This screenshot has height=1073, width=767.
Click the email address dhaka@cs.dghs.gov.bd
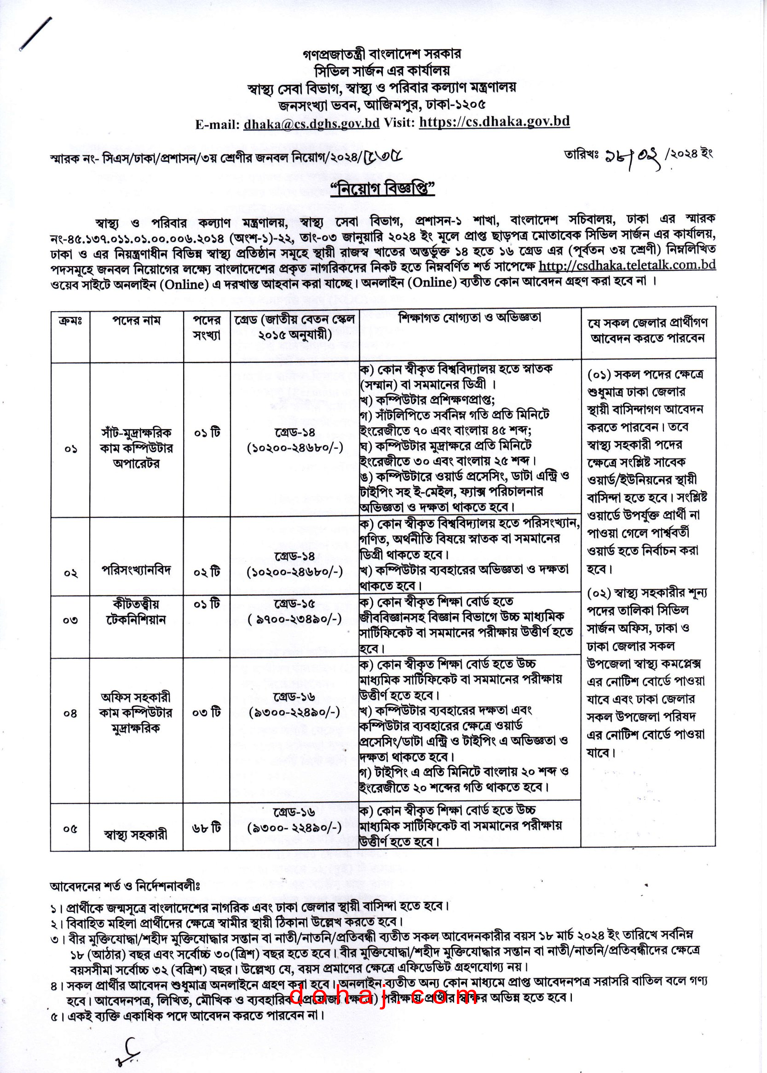tap(311, 124)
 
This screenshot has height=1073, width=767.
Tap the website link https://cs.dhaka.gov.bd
tap(494, 122)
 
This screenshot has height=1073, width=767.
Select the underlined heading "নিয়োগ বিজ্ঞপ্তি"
tap(382, 189)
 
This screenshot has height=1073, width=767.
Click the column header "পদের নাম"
tap(137, 321)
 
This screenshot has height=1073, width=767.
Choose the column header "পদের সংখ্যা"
tap(207, 327)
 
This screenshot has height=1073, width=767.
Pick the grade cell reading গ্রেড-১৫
tap(294, 603)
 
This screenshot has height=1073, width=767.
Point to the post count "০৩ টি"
tap(207, 712)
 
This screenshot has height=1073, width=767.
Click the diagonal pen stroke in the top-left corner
tap(36, 34)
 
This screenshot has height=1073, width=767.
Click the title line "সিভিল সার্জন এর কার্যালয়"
tap(382, 71)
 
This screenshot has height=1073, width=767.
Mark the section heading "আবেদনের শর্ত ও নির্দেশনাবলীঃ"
tap(125, 887)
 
